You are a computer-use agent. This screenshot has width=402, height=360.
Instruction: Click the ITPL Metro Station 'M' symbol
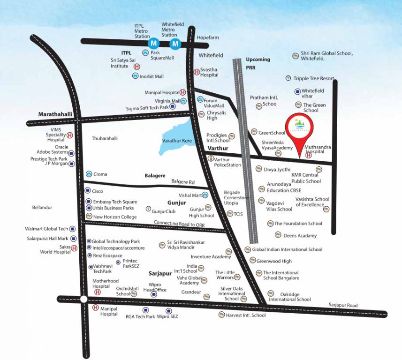[153, 44]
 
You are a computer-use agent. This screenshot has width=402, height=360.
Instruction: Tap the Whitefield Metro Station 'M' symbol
[175, 44]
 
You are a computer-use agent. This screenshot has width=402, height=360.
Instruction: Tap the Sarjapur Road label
[343, 305]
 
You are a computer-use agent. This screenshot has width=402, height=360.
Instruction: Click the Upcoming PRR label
[258, 63]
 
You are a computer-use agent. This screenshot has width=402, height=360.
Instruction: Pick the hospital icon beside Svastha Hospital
[197, 72]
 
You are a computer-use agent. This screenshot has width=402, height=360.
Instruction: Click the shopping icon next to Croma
[88, 174]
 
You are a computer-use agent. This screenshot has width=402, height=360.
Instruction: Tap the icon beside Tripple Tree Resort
[288, 78]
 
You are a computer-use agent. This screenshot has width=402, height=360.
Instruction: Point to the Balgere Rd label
[183, 181]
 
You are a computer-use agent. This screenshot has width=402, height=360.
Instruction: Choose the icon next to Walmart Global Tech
[73, 229]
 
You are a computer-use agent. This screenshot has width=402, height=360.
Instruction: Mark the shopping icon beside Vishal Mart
[205, 195]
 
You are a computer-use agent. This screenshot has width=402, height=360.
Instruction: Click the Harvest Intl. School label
[245, 315]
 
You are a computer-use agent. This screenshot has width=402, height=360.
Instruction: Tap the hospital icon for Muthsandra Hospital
[308, 156]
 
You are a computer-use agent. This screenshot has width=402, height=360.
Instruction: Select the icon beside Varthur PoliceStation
[211, 159]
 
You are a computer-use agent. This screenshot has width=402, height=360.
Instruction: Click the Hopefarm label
[208, 37]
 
